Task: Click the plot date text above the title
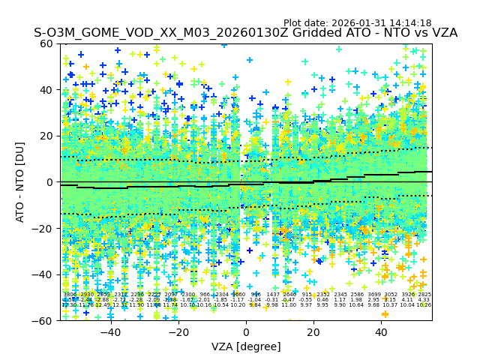pyautogui.click(x=357, y=23)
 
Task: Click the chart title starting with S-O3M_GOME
pyautogui.click(x=245, y=34)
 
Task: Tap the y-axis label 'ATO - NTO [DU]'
pyautogui.click(x=21, y=182)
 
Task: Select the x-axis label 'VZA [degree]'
pyautogui.click(x=246, y=346)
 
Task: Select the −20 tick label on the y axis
pyautogui.click(x=45, y=228)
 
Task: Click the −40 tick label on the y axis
pyautogui.click(x=45, y=274)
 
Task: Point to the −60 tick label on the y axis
pyautogui.click(x=45, y=320)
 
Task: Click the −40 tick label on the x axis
pyautogui.click(x=109, y=332)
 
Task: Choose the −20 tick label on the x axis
pyautogui.click(x=178, y=332)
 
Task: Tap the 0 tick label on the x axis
pyautogui.click(x=246, y=332)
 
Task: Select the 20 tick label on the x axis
pyautogui.click(x=313, y=332)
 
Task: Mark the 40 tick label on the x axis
pyautogui.click(x=382, y=332)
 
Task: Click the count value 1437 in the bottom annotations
pyautogui.click(x=272, y=295)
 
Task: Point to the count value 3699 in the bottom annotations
pyautogui.click(x=374, y=295)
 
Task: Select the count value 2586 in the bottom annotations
pyautogui.click(x=357, y=295)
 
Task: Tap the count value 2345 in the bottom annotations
pyautogui.click(x=340, y=295)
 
